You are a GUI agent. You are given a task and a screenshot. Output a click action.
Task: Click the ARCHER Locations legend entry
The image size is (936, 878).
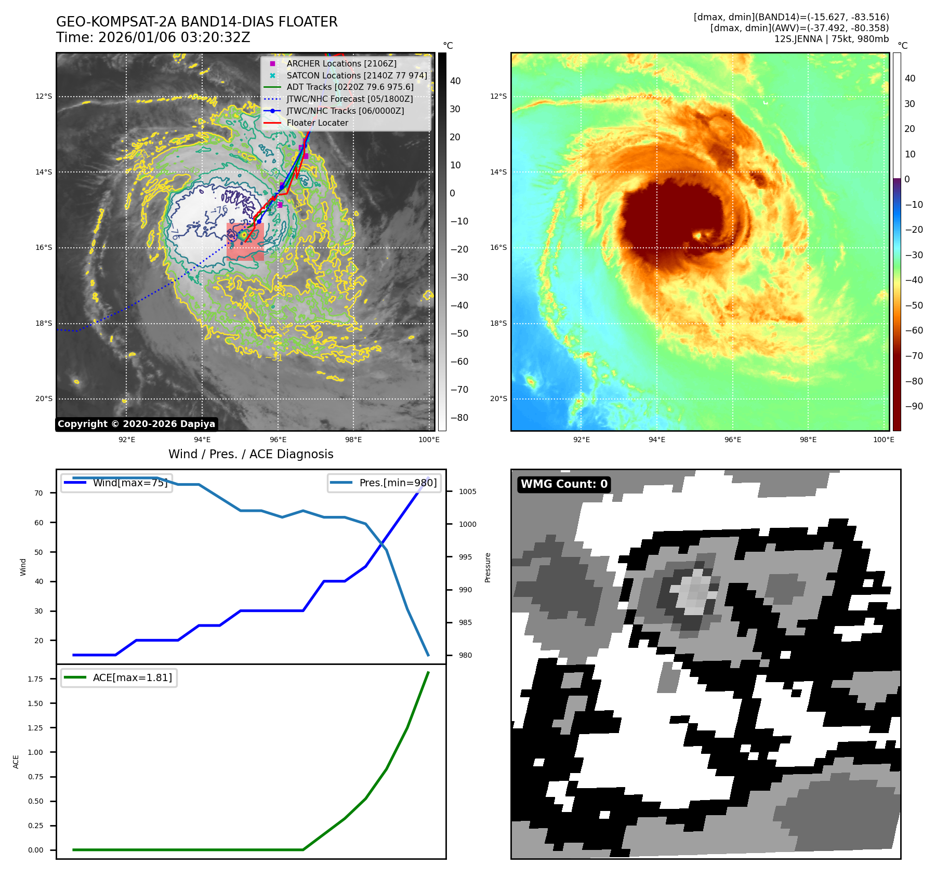pos(341,63)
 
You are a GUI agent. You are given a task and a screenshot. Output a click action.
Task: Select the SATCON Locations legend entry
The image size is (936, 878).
pos(357,75)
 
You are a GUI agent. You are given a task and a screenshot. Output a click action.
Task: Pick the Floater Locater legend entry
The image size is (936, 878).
pos(317,123)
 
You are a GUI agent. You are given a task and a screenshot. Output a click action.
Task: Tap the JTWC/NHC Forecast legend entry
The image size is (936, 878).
pos(349,99)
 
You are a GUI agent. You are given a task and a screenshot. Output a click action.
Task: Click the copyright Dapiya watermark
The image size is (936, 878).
pos(136,424)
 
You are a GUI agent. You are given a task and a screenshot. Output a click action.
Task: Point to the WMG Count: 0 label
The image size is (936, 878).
pos(564,484)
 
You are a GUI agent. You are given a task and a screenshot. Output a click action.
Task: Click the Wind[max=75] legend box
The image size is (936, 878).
pos(116,483)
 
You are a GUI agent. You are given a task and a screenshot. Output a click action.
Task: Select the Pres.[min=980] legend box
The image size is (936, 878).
pos(384,483)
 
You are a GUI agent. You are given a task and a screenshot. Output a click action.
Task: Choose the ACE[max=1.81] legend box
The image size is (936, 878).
pos(119,677)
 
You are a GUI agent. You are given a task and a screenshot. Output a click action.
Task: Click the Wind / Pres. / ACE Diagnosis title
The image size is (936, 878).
pos(251,454)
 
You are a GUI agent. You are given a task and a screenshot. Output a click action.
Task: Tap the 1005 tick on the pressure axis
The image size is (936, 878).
pos(467,491)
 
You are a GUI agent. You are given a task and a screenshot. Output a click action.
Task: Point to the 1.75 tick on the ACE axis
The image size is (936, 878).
pos(35,679)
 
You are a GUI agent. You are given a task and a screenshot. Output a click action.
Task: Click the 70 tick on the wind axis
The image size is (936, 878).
pos(39,493)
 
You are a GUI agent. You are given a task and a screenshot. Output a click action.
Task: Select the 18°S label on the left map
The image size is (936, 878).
pos(44,323)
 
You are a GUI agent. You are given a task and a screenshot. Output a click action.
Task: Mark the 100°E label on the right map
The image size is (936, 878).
pos(884,440)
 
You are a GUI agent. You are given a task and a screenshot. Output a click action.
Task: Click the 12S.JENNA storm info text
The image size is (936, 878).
pos(831,39)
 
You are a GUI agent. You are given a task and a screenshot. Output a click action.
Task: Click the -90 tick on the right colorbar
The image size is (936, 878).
pos(914,406)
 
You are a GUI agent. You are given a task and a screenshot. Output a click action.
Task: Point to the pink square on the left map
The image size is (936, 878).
pos(245,242)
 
